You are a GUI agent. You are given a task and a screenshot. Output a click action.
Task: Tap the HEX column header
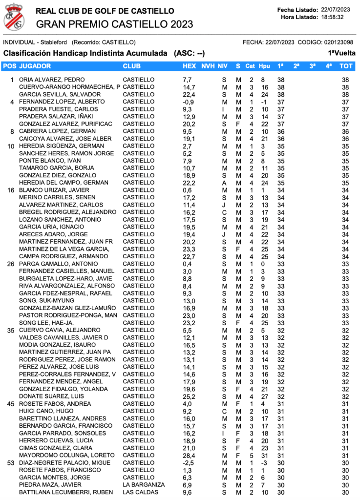point(189,66)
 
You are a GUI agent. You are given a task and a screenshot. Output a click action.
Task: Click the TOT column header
point(346,66)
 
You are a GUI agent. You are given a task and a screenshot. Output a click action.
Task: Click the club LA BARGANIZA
point(144,485)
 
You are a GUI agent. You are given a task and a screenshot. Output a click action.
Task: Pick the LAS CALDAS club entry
point(141,492)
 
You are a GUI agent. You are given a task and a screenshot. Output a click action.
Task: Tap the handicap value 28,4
point(189,455)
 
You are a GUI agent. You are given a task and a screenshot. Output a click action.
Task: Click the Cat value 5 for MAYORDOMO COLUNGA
point(251,455)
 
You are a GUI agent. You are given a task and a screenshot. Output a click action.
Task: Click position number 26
point(11,264)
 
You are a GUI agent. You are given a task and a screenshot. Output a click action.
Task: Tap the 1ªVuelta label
point(341,53)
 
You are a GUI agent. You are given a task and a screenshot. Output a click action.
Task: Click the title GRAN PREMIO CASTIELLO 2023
point(114,24)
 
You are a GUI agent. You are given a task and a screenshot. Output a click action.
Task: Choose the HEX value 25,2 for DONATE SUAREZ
point(189,396)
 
